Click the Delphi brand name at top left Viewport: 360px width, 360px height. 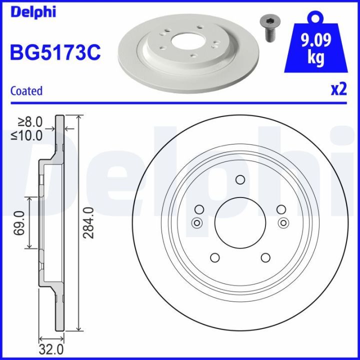30,11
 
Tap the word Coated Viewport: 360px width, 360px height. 26,91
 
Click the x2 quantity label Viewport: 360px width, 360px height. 338,89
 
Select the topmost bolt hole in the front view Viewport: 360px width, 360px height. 239,179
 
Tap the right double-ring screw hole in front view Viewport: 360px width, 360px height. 283,223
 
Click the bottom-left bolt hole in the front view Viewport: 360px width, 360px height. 215,257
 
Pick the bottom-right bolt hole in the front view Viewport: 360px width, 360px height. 265,257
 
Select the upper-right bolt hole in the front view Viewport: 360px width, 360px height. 280,210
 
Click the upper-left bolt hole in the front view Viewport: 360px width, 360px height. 199,210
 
